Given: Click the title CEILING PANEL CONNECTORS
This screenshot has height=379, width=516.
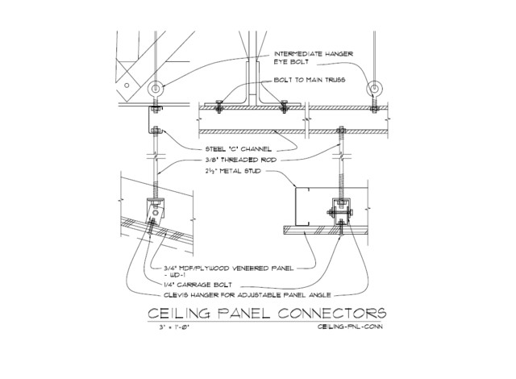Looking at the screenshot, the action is click(267, 313).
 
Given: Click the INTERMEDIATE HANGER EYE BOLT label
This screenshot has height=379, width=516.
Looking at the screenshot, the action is click(314, 57).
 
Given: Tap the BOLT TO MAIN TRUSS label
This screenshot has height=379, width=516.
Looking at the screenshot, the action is click(310, 80).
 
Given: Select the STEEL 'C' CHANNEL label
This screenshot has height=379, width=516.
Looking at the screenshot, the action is click(239, 149).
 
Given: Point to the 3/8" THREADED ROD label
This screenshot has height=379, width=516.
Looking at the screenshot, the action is click(240, 160).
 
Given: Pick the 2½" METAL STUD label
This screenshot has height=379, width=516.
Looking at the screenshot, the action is click(233, 171).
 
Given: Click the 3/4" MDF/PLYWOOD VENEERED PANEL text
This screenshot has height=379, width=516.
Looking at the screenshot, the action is click(228, 269).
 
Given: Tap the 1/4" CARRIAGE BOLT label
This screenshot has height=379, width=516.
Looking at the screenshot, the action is click(198, 285).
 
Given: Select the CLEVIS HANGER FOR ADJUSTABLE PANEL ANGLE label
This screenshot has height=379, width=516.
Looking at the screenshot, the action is click(248, 295).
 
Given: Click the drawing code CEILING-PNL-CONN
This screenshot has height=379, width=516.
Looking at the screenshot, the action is click(350, 327).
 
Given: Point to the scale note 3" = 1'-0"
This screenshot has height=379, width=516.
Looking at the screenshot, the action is click(174, 327).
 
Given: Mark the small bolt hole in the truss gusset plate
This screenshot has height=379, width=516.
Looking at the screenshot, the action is click(127, 85).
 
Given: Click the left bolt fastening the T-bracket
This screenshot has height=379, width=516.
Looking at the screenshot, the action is click(218, 106).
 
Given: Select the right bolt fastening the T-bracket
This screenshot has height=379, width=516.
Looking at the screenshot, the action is click(284, 106).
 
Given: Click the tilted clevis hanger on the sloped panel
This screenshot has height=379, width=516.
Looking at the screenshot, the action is click(155, 212).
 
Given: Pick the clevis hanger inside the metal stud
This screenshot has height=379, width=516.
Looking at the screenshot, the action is click(341, 212).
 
